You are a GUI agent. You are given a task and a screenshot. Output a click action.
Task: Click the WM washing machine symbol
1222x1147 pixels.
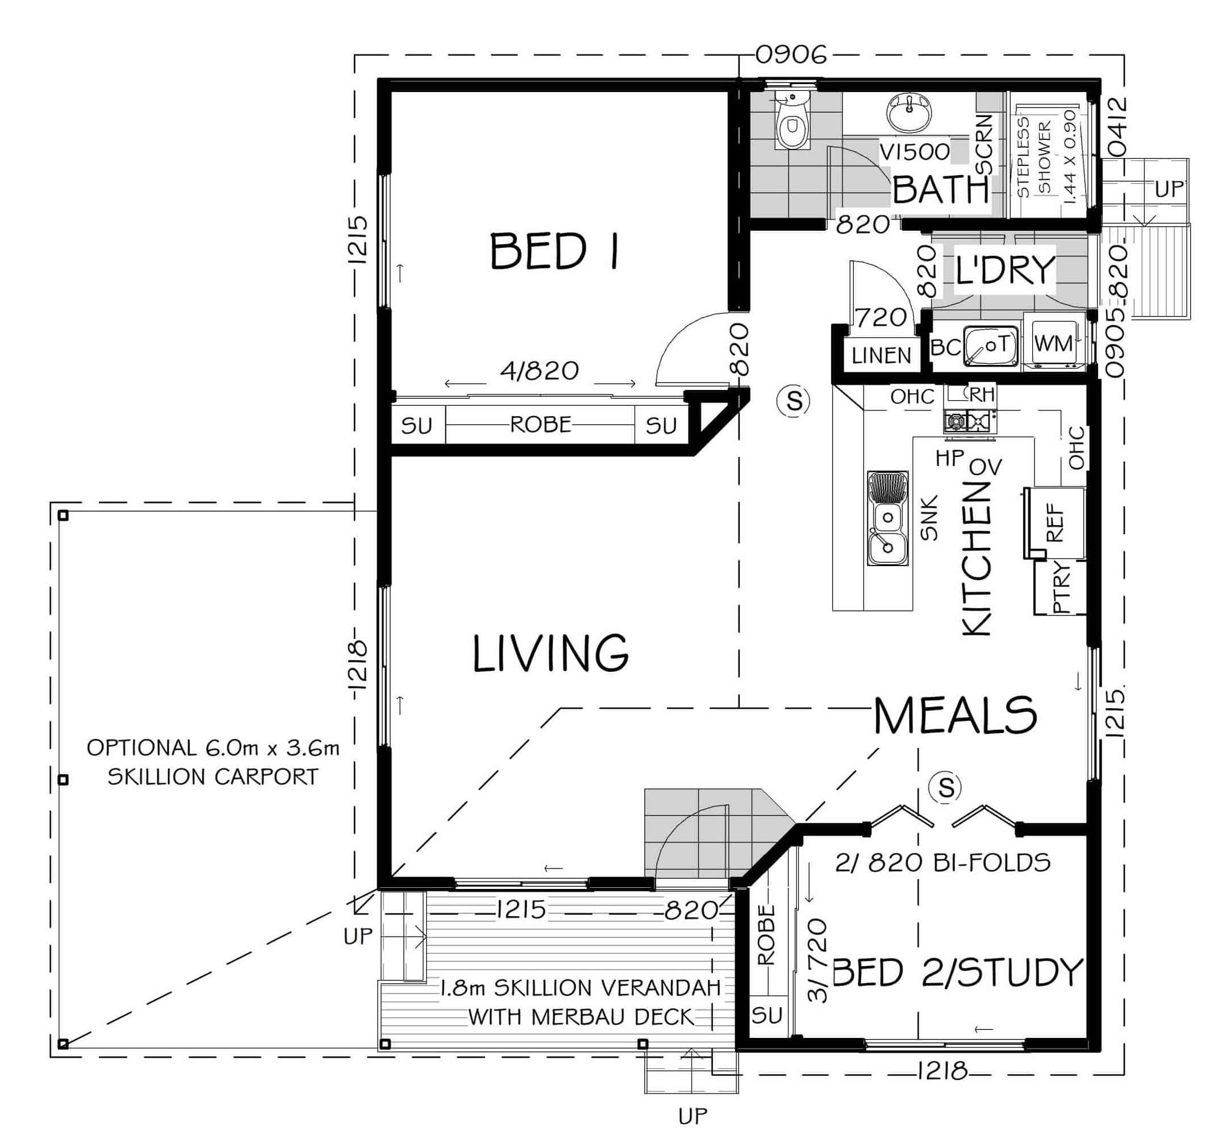1053,343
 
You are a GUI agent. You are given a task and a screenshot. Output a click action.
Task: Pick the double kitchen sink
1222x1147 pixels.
887,518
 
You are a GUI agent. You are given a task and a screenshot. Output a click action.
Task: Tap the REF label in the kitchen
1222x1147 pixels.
1055,523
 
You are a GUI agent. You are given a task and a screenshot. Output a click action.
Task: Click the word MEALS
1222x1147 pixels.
955,715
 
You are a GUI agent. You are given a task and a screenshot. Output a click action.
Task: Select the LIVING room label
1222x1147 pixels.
550,653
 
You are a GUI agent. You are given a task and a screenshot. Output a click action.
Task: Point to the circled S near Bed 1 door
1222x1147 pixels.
794,401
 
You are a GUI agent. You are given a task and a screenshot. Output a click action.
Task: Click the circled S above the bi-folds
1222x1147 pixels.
946,787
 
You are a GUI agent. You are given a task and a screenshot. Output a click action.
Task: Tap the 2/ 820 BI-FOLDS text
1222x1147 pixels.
943,863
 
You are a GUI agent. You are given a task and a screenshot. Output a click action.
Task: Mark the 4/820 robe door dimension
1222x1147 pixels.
540,370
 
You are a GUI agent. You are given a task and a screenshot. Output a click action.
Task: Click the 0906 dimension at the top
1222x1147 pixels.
791,55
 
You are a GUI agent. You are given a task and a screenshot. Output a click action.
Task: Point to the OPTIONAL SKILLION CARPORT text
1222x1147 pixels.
212,762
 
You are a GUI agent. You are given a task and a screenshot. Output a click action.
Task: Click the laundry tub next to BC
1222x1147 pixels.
991,346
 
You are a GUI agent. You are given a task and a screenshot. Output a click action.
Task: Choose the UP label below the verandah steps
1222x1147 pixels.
693,1116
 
